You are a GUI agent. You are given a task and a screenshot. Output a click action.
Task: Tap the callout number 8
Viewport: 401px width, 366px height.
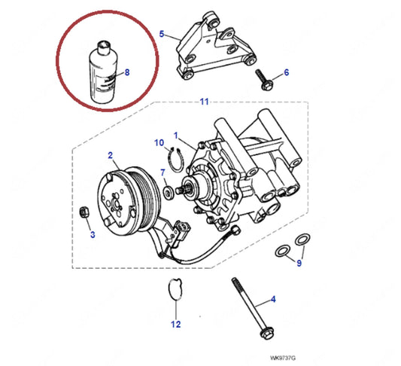click(x=126, y=72)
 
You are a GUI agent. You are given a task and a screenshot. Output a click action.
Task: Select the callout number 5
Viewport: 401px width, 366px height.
click(x=161, y=34)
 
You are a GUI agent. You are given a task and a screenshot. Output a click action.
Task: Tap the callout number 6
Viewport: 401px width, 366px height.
click(x=286, y=73)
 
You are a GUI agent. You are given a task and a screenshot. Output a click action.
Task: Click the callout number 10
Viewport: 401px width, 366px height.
click(x=159, y=142)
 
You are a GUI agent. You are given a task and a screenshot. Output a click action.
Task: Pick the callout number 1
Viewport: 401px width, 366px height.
click(x=177, y=136)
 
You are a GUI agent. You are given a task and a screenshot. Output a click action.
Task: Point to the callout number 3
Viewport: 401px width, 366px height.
click(x=92, y=235)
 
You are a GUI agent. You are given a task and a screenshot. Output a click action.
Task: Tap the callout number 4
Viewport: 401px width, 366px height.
click(x=273, y=300)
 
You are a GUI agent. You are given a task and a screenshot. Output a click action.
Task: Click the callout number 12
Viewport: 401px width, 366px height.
click(x=175, y=325)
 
